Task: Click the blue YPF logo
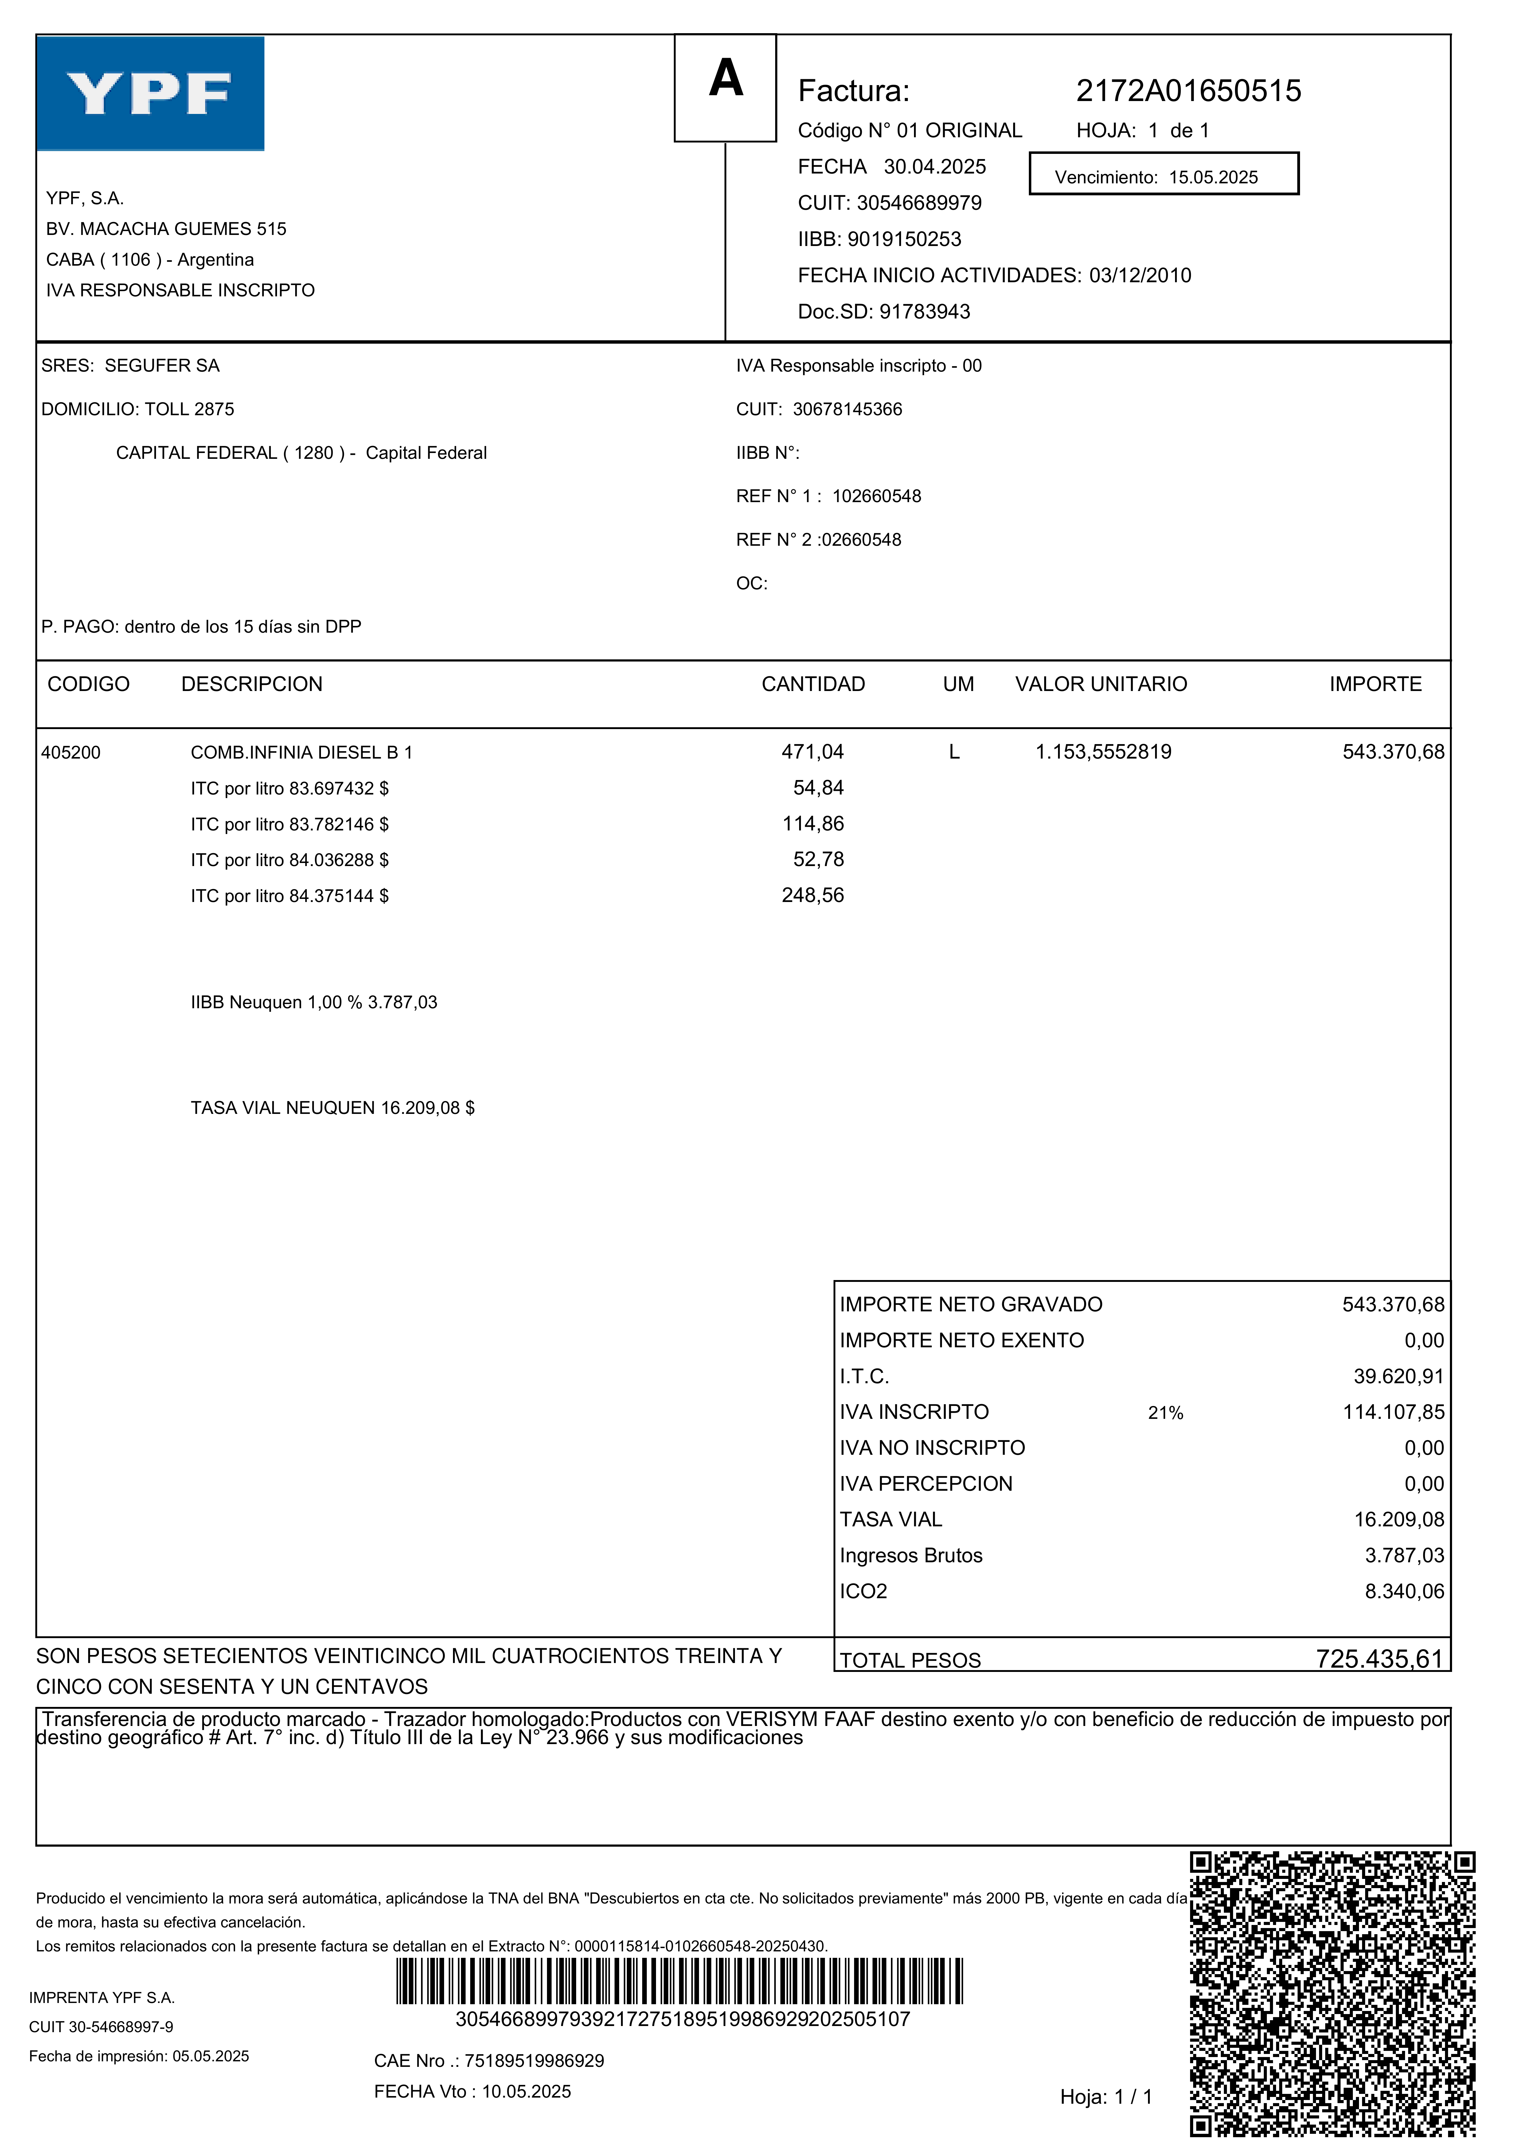(x=150, y=94)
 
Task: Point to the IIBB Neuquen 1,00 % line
(x=314, y=1002)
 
